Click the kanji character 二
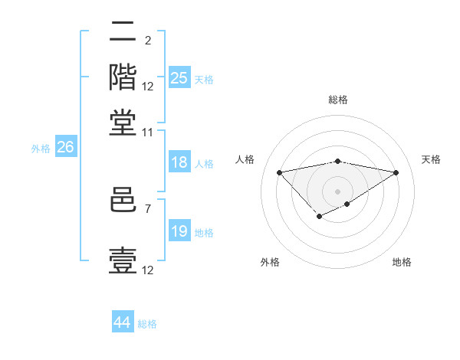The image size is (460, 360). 123,32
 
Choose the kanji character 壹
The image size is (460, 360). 123,260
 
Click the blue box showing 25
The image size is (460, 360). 179,78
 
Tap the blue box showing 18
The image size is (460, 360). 179,162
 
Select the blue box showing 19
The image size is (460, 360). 179,231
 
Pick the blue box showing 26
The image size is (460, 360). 65,148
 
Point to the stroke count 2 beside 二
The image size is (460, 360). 148,40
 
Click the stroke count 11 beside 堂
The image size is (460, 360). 148,133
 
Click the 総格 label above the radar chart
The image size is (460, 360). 337,100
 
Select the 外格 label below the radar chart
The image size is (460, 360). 270,263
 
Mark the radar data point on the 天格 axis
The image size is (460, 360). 396,172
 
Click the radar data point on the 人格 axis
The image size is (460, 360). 279,172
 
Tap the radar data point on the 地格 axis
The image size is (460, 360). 347,204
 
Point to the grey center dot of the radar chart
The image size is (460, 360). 337,190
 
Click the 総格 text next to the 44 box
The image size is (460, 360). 147,324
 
